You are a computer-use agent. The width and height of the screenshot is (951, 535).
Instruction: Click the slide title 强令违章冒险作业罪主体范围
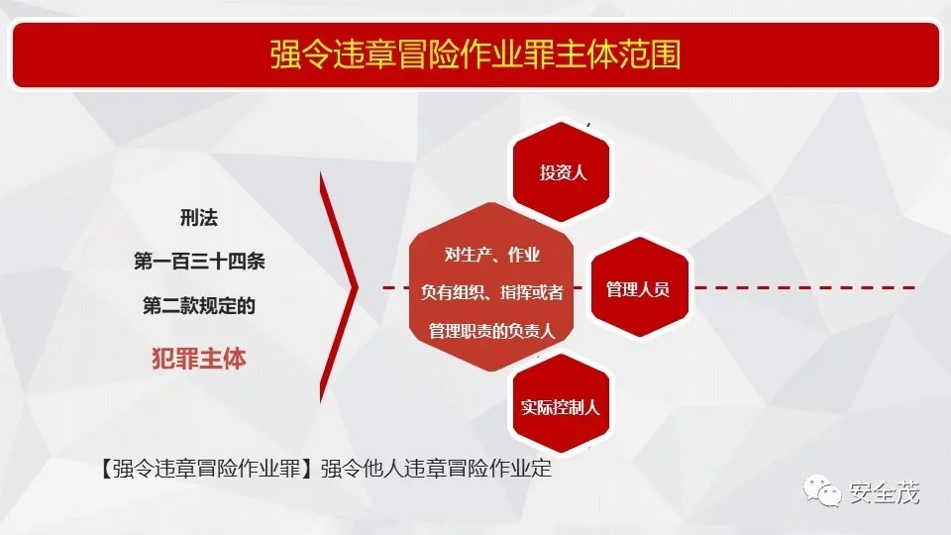tap(475, 54)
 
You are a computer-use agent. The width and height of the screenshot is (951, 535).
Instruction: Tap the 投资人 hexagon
tap(561, 172)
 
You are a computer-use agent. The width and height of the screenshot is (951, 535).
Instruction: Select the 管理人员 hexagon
tap(639, 287)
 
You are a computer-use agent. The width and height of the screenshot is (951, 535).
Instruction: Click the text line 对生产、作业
tap(492, 255)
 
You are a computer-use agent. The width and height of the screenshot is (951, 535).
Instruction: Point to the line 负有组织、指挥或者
tap(492, 292)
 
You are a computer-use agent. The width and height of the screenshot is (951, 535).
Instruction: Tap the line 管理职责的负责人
tap(492, 331)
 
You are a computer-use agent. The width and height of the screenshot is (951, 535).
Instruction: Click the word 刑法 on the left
tap(199, 217)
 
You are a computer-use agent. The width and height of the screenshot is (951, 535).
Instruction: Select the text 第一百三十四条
tap(199, 262)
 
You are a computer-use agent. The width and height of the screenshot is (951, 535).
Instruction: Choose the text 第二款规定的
tap(199, 305)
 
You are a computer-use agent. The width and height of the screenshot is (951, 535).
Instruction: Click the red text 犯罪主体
tap(199, 359)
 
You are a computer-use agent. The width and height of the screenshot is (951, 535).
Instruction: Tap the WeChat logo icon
tap(822, 490)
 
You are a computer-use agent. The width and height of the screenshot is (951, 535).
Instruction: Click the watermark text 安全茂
tap(885, 492)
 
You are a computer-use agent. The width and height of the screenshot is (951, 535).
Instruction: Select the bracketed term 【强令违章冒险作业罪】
tap(206, 469)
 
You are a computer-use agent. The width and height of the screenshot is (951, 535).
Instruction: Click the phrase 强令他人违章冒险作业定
tap(436, 469)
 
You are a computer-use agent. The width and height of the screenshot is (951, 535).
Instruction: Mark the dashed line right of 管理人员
tap(803, 287)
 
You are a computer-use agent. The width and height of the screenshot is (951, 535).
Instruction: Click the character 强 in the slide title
tap(284, 54)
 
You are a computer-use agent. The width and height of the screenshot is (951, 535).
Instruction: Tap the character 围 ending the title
tap(666, 54)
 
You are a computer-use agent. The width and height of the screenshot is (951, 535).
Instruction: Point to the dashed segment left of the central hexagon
tap(396, 287)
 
